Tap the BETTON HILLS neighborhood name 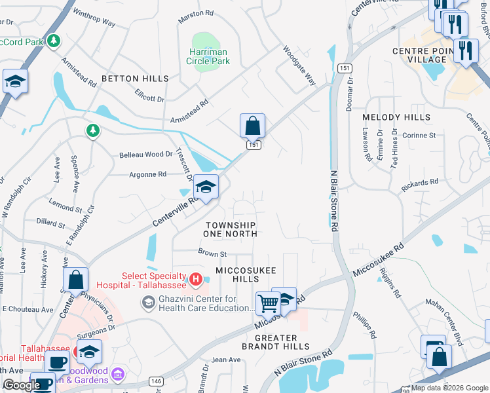click(135, 79)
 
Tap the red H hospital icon click(195, 280)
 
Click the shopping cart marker click(268, 303)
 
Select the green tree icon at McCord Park click(54, 41)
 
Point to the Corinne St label click(419, 135)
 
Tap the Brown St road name click(212, 253)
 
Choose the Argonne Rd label click(147, 175)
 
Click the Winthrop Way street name click(94, 18)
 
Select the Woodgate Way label click(299, 65)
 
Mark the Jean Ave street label click(226, 360)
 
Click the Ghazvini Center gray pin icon click(148, 302)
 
